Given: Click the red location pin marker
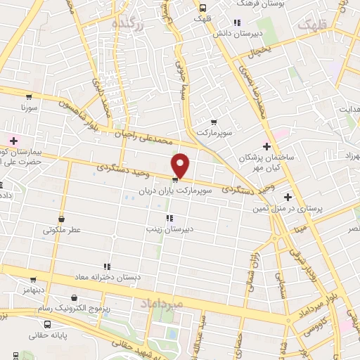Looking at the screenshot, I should coord(181,166).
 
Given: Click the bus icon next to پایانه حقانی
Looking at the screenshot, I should coord(46,325).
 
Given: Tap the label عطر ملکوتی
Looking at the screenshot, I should coord(62,229).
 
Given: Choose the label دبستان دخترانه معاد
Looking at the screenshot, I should coord(108,277).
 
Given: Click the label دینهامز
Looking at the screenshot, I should coord(32,289).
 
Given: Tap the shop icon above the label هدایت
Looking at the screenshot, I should coord(349,98).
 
